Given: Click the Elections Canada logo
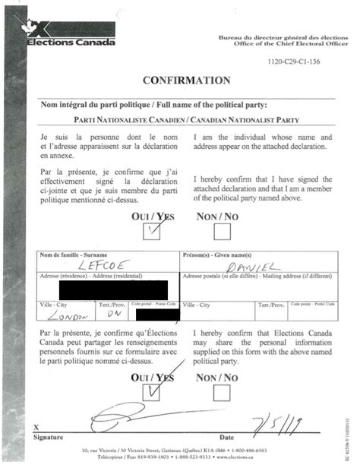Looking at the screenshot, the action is click(71, 35).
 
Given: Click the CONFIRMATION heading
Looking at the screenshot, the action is click(186, 81).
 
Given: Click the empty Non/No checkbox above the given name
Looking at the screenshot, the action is click(223, 231).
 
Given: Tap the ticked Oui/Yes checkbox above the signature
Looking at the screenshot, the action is click(154, 391).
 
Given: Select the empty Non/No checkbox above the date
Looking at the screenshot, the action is click(222, 392).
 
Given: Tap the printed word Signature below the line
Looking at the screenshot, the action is click(49, 438).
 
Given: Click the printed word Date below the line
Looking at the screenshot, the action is click(226, 438).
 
